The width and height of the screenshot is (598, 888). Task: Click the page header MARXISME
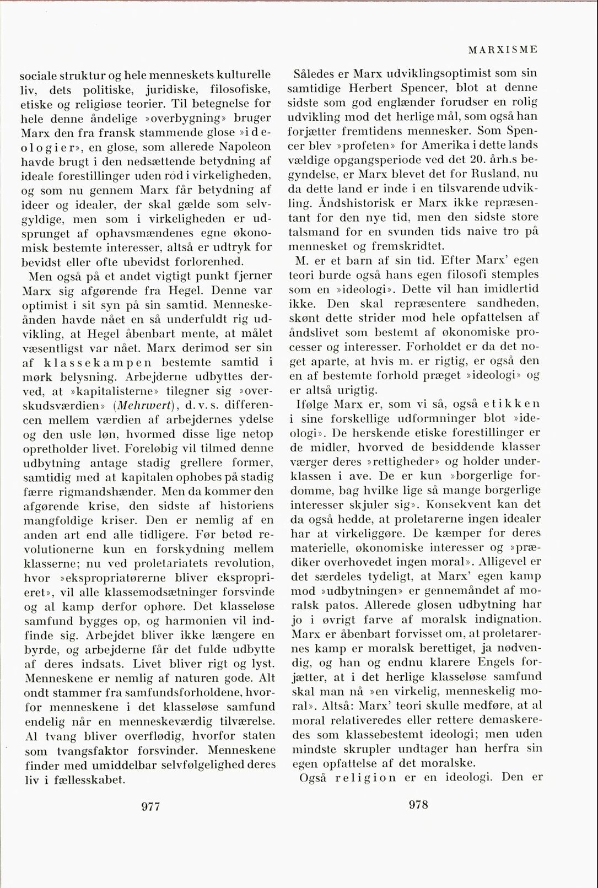coord(503,50)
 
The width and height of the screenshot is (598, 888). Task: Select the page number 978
coord(419,805)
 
